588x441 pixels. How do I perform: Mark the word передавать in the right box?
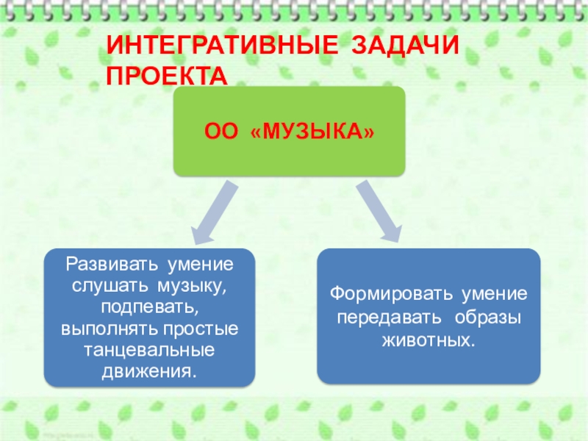point(384,319)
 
